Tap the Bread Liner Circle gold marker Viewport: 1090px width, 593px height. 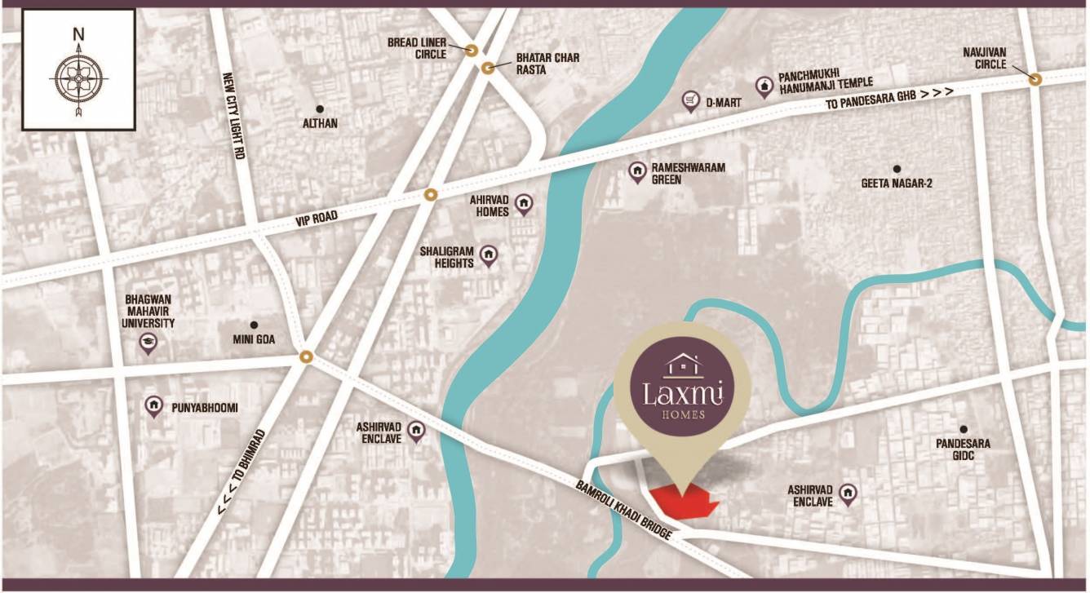pos(472,50)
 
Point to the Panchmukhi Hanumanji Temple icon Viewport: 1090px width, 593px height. pos(764,83)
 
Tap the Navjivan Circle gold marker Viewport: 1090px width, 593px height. pos(1035,79)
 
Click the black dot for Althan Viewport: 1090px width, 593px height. pos(319,108)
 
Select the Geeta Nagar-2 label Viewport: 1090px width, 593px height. pos(897,184)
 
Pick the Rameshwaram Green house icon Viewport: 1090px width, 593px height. pos(637,171)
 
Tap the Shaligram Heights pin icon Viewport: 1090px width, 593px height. pos(489,256)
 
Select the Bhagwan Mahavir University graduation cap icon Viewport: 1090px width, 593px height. pos(148,342)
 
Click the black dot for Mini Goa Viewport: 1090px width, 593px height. pos(254,325)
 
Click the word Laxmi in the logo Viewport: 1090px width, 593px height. pos(682,394)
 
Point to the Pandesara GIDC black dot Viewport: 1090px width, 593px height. pos(964,429)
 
